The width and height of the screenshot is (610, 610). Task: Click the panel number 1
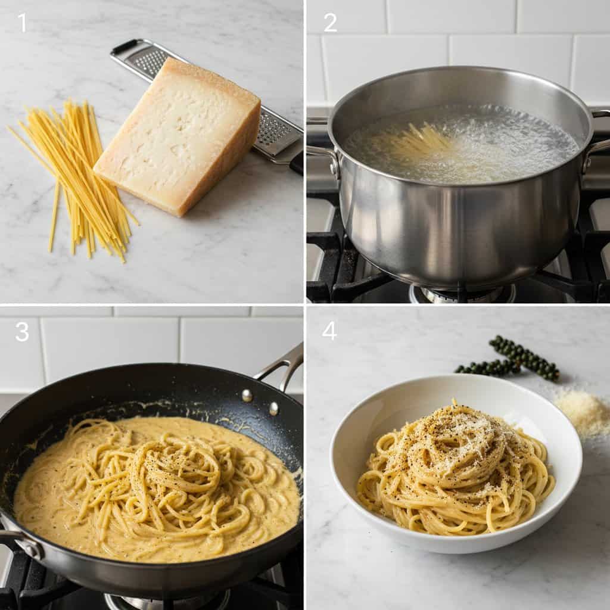tap(22, 23)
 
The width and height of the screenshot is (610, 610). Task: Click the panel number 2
tap(330, 23)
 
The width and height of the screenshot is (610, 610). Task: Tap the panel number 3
tap(22, 332)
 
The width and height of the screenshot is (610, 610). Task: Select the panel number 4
tap(329, 331)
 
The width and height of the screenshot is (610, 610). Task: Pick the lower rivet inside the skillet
tap(273, 408)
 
